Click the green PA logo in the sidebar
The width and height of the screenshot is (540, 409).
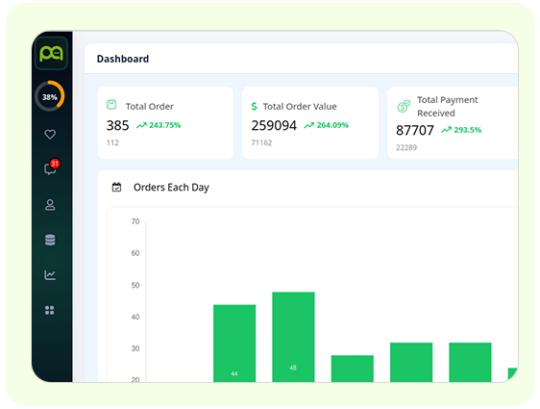[x=50, y=54]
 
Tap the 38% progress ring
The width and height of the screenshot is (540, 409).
[x=50, y=96]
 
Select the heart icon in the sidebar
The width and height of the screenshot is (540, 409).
[x=50, y=135]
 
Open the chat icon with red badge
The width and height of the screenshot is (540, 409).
[x=50, y=169]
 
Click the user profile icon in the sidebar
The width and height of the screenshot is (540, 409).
[x=50, y=204]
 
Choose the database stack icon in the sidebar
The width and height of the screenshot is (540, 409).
[x=50, y=240]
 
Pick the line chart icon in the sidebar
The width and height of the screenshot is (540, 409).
[x=50, y=275]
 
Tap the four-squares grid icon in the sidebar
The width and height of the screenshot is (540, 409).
[x=50, y=310]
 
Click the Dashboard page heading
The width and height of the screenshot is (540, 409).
[x=123, y=59]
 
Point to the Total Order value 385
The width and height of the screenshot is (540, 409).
[x=117, y=125]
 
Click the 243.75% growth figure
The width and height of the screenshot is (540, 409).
[x=159, y=125]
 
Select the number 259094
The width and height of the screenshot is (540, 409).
[x=274, y=125]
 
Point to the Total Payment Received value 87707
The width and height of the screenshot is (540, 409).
[x=415, y=130]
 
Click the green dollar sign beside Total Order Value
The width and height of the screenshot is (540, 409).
[x=254, y=106]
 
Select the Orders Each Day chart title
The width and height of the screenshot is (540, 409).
[x=171, y=187]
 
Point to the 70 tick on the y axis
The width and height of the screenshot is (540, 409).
[x=135, y=221]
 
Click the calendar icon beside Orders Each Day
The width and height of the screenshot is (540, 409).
[x=116, y=187]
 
